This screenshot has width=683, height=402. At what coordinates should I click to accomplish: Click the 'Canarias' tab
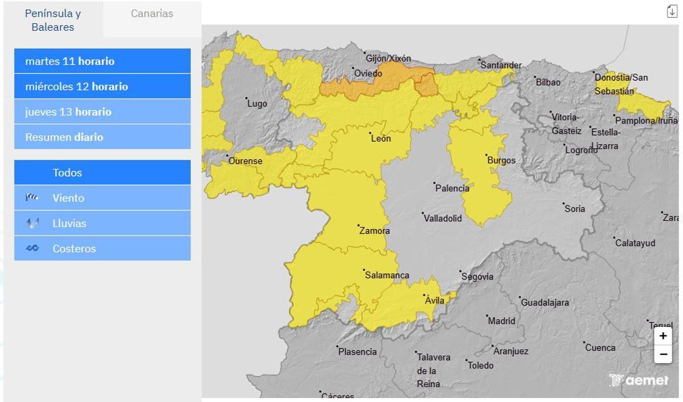pos(152,14)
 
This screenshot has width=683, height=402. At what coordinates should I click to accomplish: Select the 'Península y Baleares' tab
pos(53,20)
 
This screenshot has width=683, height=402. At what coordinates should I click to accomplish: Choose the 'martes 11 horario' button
pos(102,61)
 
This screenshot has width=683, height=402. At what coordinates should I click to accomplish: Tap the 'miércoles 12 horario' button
pos(102,87)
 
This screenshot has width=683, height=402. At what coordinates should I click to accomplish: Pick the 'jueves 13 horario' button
pos(102,112)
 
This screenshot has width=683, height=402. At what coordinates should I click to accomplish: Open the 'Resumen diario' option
pos(102,137)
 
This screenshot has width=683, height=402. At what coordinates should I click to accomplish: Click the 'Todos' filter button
pos(102,173)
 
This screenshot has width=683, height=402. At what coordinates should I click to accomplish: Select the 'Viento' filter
pos(102,198)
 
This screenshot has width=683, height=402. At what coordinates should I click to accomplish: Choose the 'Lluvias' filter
pos(102,223)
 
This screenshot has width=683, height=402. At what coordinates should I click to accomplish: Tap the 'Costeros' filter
pos(102,249)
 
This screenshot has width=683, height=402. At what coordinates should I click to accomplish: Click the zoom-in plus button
pos(663,337)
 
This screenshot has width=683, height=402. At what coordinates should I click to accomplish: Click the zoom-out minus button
pos(663,354)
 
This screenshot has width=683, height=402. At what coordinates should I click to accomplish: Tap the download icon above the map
pos(672,11)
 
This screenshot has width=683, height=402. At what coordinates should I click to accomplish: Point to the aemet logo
pos(639,380)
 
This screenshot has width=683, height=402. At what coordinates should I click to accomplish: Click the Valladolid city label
pos(442,218)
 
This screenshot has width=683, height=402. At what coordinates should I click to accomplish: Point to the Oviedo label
pos(368,73)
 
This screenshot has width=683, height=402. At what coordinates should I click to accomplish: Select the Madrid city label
pos(501,321)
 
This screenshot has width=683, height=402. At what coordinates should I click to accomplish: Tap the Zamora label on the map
pos(375,231)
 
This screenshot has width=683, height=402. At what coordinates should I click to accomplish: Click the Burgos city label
pos(501,161)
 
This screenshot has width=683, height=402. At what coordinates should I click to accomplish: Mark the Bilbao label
pos(548,82)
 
